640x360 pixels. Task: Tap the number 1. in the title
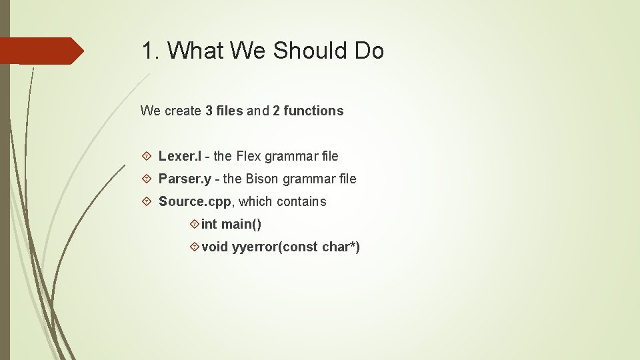tap(151, 51)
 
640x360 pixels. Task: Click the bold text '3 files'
tap(224, 111)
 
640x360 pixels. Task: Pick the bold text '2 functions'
tap(308, 111)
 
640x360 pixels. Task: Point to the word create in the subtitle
tap(183, 111)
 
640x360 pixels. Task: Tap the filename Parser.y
tap(185, 179)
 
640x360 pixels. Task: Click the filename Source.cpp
tap(195, 201)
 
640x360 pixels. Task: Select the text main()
tap(241, 224)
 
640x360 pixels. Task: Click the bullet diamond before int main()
tap(194, 224)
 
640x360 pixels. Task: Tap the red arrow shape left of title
tap(40, 51)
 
